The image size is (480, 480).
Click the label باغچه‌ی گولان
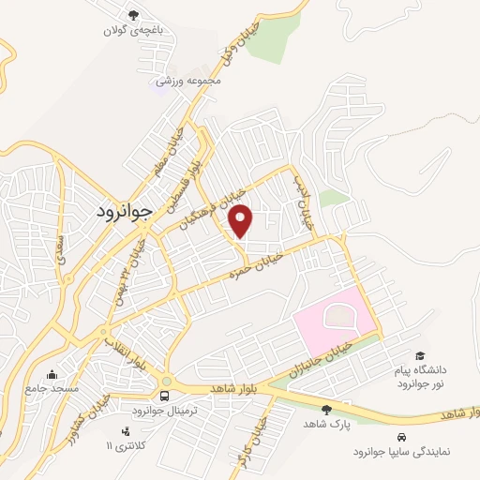(x=134, y=30)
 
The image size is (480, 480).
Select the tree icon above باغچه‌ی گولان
(x=134, y=14)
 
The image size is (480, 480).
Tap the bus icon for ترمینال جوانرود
(x=165, y=395)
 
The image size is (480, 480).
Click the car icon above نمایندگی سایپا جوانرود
(x=401, y=437)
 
